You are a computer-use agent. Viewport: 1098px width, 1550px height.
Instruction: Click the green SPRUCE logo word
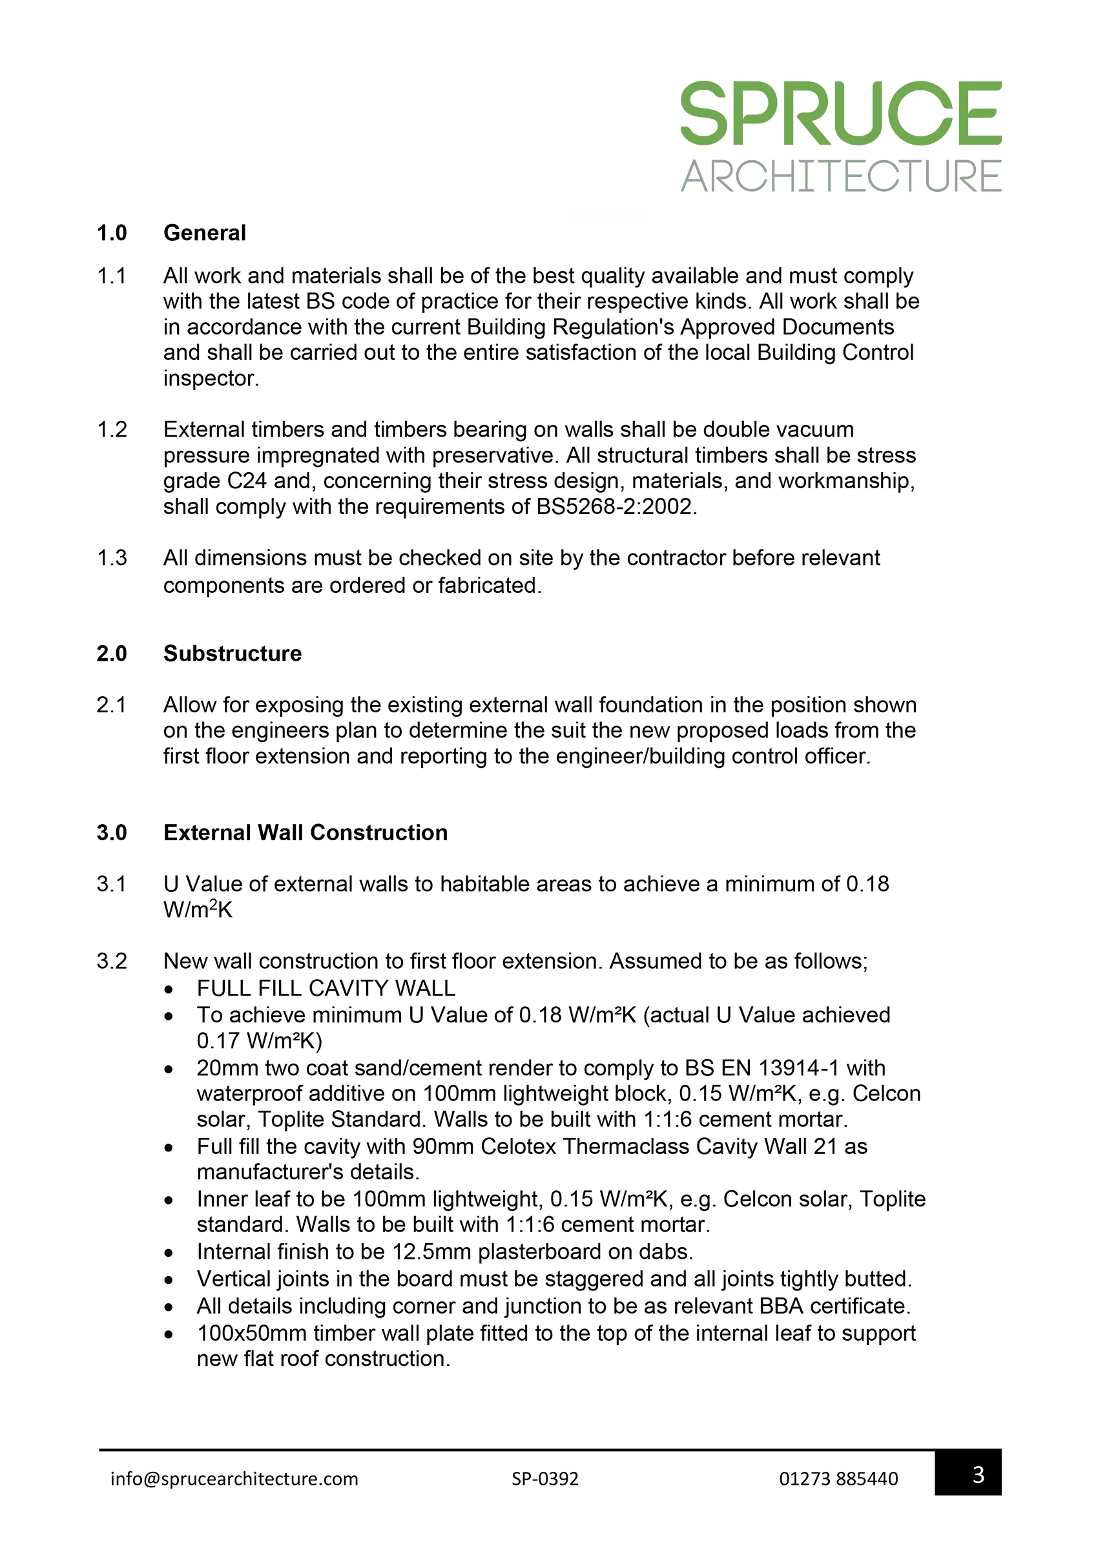840,113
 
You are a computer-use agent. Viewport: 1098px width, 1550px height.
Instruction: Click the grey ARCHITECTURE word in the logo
840,176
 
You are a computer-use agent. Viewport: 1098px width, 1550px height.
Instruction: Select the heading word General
204,233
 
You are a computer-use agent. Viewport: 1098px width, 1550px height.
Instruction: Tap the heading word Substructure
232,654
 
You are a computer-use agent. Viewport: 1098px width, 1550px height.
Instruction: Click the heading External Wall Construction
305,832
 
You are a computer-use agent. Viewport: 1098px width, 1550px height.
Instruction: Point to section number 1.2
112,430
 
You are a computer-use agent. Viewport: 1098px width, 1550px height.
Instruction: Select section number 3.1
112,884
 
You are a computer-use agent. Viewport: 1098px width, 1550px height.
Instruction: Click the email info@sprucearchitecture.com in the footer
234,1478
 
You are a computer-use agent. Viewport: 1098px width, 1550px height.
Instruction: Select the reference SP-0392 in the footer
545,1478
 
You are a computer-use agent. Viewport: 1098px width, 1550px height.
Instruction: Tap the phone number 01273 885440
838,1478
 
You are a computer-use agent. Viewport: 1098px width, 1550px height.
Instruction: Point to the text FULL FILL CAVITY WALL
326,988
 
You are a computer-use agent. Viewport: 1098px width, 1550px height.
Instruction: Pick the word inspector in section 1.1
210,378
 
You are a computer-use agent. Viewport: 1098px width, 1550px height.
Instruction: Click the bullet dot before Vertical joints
169,1280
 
